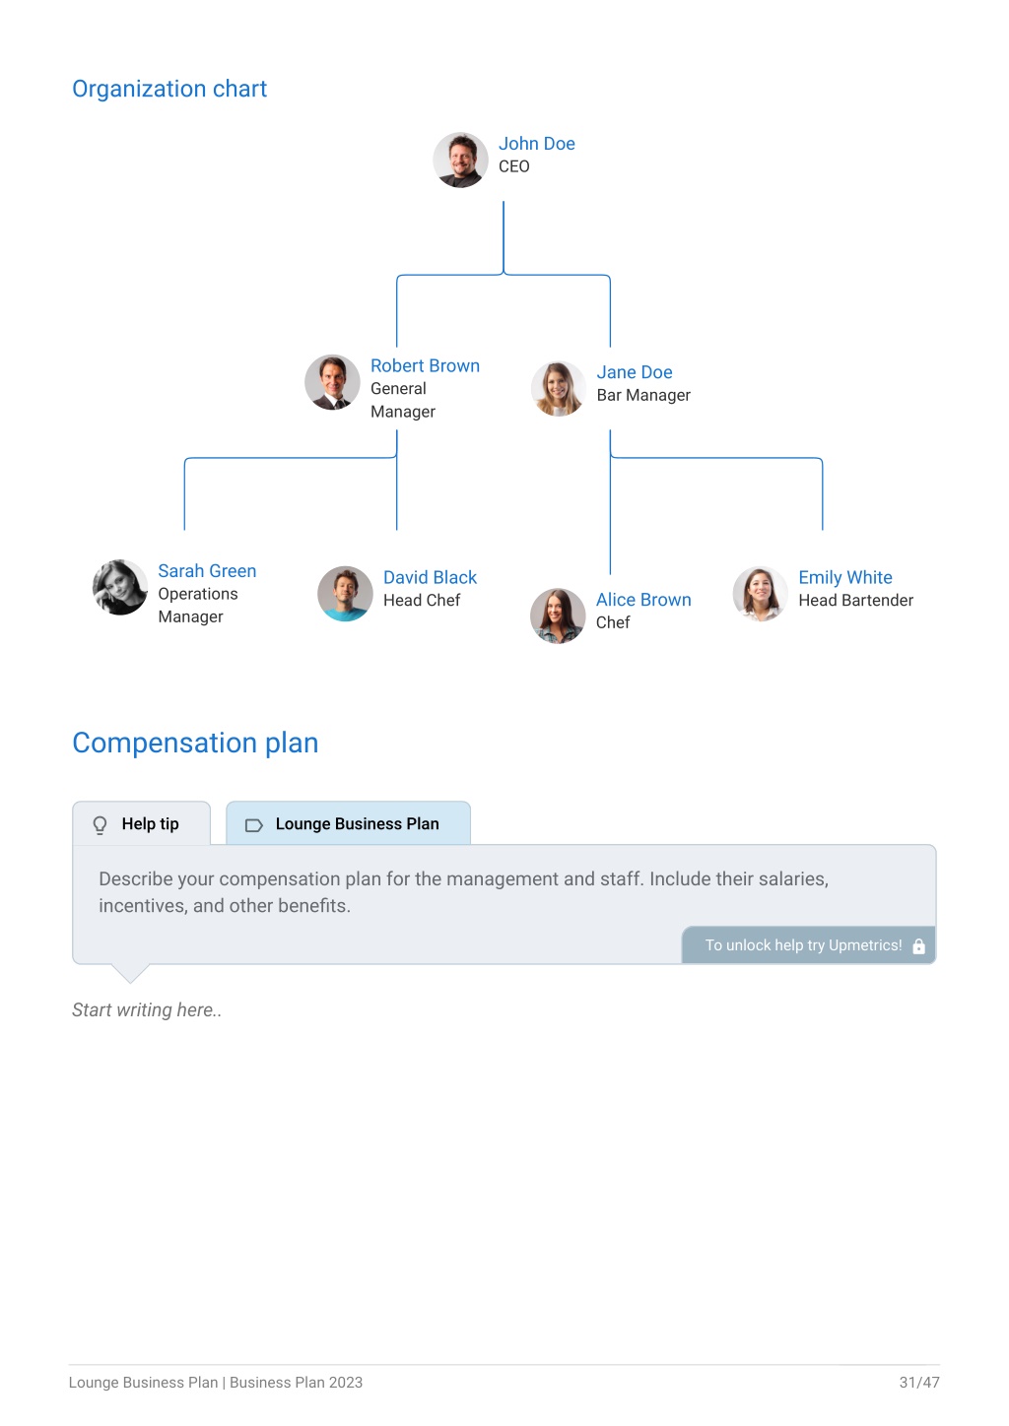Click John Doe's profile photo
[460, 160]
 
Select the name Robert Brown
[425, 365]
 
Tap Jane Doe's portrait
[558, 388]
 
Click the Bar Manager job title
[643, 395]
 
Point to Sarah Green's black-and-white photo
[120, 587]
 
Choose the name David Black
[430, 577]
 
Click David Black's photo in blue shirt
[345, 593]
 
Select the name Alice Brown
[643, 600]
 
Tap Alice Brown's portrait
[558, 616]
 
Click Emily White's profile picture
[760, 593]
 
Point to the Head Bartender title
[855, 601]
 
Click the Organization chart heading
[169, 89]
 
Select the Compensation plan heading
[195, 743]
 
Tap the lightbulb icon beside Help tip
[100, 825]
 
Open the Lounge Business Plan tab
[349, 823]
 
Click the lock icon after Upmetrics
[918, 946]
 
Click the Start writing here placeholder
[147, 1009]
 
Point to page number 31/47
[919, 1382]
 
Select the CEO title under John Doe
[514, 166]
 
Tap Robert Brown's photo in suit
[332, 382]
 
